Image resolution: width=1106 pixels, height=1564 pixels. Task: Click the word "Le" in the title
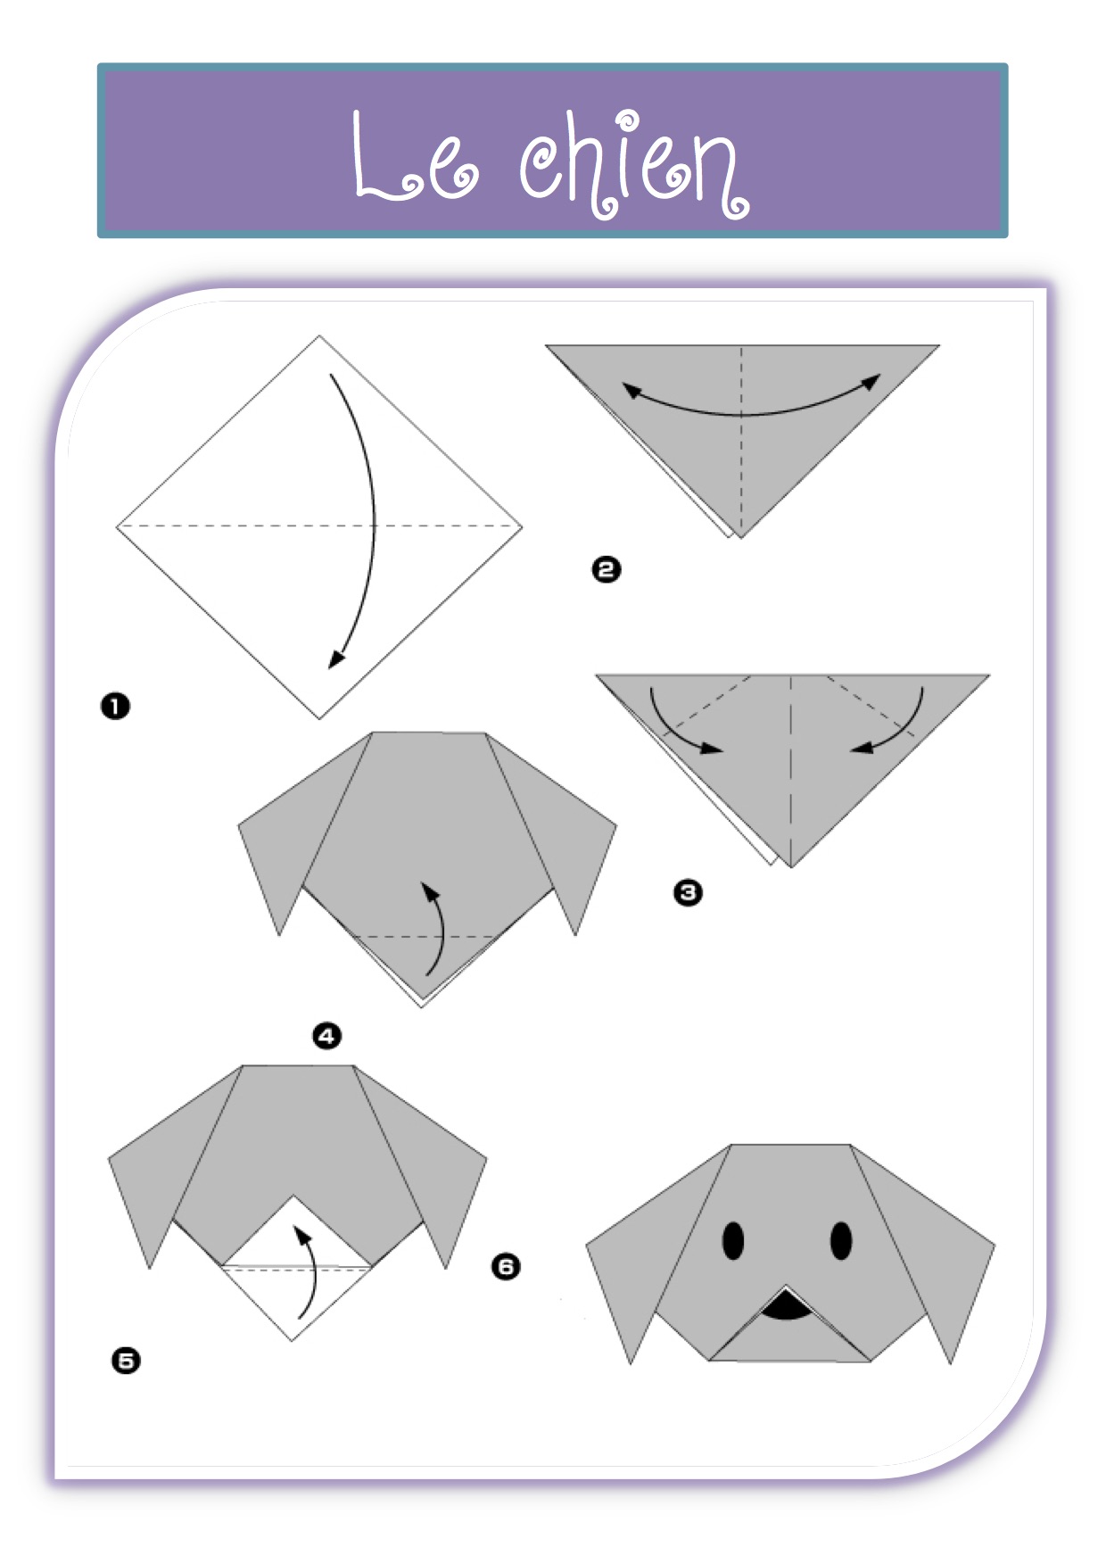click(415, 156)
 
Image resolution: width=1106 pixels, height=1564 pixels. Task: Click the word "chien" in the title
click(634, 164)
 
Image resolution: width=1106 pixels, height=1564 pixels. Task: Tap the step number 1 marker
click(115, 707)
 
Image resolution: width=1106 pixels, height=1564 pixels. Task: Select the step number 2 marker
click(607, 569)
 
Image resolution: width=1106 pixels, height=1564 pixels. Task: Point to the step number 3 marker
click(688, 892)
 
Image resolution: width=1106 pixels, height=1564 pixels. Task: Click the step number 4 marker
click(326, 1036)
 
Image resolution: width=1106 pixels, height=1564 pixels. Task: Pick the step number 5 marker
click(126, 1361)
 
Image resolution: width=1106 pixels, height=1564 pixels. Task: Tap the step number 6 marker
click(506, 1266)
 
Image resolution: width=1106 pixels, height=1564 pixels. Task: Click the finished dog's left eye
click(733, 1240)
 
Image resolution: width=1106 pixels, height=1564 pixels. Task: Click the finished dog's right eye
click(841, 1240)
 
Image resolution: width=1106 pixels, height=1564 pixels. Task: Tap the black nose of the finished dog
click(786, 1307)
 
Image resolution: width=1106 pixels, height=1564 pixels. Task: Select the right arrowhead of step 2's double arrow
click(871, 383)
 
